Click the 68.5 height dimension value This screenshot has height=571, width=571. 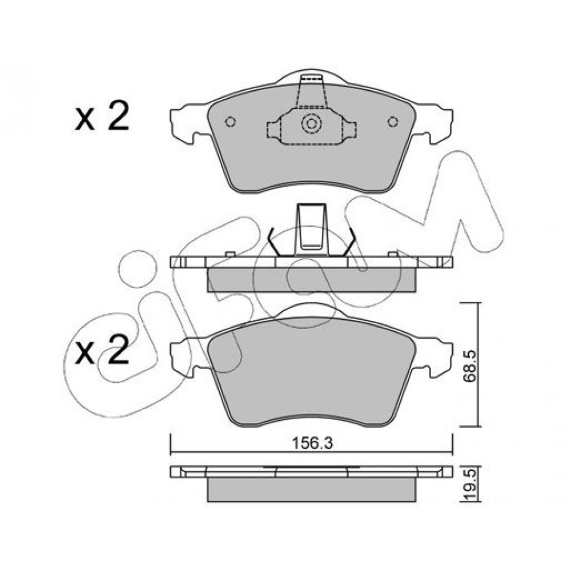tap(470, 366)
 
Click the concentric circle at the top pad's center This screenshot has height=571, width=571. tap(311, 123)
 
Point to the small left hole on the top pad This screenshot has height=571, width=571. tap(230, 121)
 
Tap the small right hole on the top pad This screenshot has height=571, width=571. tap(393, 121)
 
